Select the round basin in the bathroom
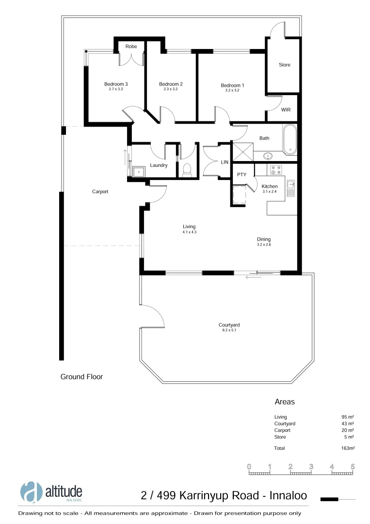[x=268, y=156]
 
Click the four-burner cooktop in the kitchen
[x=275, y=170]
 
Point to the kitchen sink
[x=291, y=187]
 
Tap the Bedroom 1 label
[x=232, y=85]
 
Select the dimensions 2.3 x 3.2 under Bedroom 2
[x=171, y=89]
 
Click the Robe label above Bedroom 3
[x=131, y=47]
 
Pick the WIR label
[x=286, y=110]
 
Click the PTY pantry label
[x=241, y=175]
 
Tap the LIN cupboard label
[x=225, y=162]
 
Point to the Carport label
[x=100, y=192]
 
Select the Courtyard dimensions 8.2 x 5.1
[x=229, y=330]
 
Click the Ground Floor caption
[x=81, y=377]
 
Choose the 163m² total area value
[x=348, y=448]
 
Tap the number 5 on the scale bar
[x=353, y=467]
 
